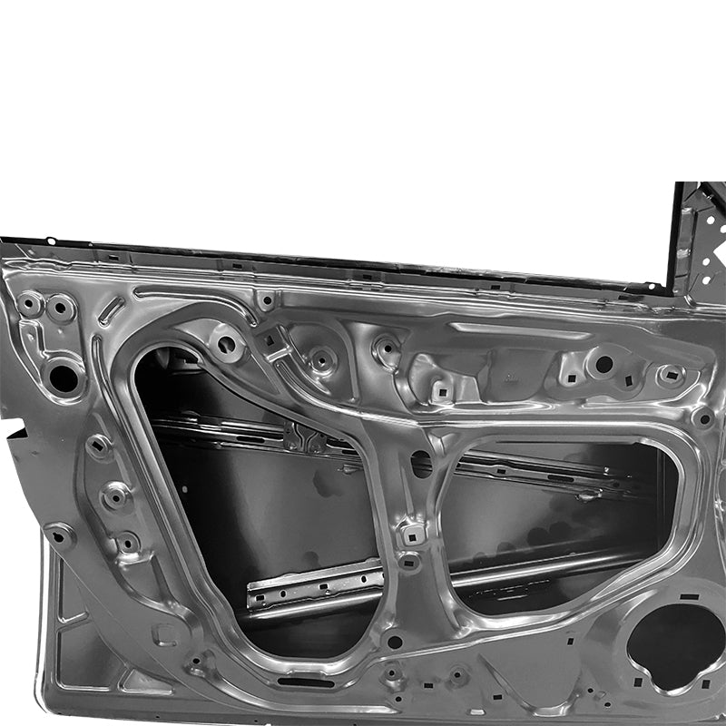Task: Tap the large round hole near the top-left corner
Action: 64,376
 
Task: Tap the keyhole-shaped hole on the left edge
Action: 60,535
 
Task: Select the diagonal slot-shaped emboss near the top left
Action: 113,310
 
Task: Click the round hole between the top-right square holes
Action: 603,364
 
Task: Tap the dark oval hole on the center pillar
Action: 421,464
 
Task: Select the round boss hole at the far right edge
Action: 703,418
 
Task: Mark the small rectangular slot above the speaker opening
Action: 690,596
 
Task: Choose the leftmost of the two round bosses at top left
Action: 31,304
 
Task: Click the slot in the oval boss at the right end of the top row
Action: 671,375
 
